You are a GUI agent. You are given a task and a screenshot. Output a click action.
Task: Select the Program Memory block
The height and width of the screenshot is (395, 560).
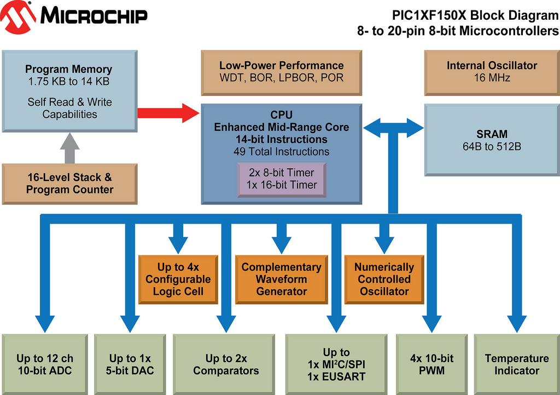[69, 91]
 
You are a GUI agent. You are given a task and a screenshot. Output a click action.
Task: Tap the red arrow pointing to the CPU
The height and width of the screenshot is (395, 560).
[167, 113]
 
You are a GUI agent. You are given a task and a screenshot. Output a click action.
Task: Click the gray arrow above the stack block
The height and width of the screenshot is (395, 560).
[69, 148]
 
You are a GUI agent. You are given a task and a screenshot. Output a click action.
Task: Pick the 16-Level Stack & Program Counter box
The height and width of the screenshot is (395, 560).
[69, 184]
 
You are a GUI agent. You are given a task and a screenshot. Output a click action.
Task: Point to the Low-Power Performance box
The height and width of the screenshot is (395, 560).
[281, 72]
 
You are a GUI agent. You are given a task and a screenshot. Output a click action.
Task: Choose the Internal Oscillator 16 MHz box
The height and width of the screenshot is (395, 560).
[492, 72]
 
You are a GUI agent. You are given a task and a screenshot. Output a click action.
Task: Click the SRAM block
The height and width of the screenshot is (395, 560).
[492, 140]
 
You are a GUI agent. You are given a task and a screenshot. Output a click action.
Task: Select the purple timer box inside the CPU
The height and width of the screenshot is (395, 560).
[281, 179]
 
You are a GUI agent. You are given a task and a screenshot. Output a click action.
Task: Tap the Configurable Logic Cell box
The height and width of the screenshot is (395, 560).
[178, 279]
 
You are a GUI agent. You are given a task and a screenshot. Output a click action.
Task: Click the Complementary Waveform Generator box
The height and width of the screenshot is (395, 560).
[281, 279]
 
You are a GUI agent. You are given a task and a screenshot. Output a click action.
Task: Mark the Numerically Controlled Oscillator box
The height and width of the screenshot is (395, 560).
[384, 279]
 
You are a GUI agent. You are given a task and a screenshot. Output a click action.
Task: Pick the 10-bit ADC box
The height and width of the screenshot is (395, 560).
[44, 364]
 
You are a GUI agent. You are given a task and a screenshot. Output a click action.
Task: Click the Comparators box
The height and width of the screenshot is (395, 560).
[225, 364]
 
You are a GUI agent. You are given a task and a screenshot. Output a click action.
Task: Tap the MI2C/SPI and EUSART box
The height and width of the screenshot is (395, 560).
[336, 364]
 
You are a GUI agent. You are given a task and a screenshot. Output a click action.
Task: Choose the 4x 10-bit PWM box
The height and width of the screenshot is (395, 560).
[431, 364]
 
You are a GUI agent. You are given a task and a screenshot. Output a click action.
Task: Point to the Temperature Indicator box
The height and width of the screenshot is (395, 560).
[516, 364]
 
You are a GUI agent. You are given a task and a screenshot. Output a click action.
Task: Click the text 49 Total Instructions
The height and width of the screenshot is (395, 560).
[281, 152]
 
